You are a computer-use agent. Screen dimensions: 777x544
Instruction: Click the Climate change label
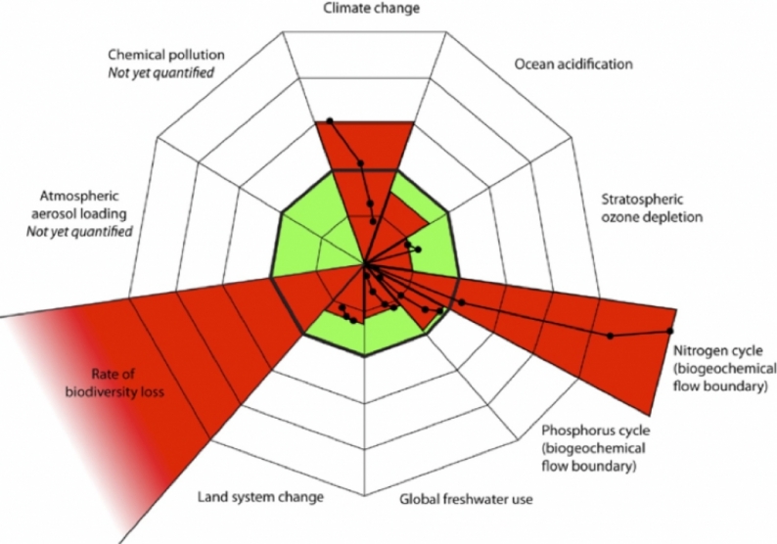point(372,9)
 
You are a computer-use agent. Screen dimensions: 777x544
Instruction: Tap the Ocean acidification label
point(573,65)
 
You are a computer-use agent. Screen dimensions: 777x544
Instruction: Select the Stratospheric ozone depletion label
point(652,208)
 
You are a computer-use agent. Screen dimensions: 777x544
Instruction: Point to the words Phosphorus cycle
point(596,431)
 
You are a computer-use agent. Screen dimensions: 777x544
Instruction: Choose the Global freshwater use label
point(467,498)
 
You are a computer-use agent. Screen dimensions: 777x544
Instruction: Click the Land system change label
point(260,496)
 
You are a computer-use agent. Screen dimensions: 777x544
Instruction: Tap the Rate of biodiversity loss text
point(114,383)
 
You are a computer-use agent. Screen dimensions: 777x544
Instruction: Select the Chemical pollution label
point(166,55)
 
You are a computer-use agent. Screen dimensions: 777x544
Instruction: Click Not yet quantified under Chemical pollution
point(161,72)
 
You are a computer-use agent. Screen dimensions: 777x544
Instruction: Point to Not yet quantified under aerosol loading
point(79,231)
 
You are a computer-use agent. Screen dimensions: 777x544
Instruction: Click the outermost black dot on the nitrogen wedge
point(670,331)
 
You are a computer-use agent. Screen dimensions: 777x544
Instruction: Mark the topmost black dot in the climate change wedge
point(330,120)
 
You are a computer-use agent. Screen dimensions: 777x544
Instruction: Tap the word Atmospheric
point(79,197)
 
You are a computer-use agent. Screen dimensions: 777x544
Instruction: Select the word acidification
point(594,65)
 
